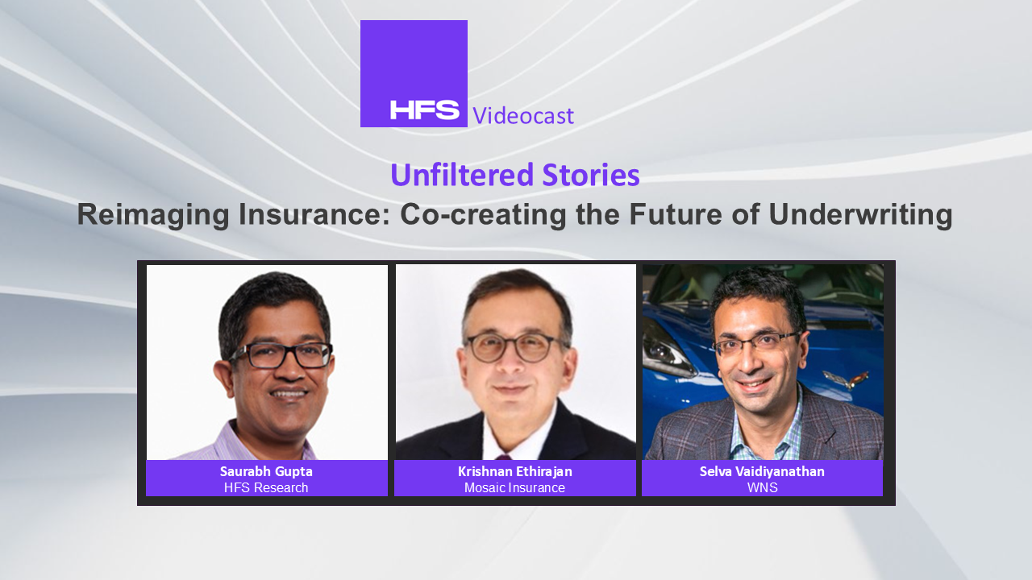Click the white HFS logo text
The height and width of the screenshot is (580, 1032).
[424, 110]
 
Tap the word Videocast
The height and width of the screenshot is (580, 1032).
[523, 115]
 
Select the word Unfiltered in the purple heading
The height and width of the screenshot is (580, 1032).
[462, 175]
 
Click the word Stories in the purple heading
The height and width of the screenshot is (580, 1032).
[591, 175]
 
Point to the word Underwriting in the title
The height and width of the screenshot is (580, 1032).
[860, 214]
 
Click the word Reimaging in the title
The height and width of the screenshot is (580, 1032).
[153, 214]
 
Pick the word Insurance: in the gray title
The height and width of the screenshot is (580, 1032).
[314, 214]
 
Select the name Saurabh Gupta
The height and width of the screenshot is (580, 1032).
[266, 471]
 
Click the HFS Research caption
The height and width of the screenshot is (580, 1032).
[266, 487]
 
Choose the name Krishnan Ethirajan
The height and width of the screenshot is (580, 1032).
[515, 471]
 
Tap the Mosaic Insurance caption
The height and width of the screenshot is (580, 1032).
[514, 487]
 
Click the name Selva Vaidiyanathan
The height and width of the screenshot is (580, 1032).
[762, 471]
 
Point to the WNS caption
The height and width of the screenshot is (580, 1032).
[763, 487]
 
